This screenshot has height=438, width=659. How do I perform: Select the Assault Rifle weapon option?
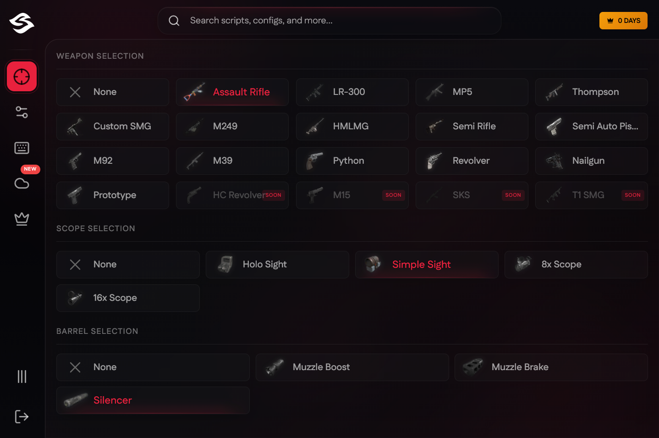point(232,92)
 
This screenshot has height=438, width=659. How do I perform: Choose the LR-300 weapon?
point(352,92)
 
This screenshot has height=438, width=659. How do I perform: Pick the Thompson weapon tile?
point(591,92)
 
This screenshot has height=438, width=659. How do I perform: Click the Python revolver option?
point(352,161)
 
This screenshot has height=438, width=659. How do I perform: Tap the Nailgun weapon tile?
point(591,161)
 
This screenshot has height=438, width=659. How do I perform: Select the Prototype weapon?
point(113,195)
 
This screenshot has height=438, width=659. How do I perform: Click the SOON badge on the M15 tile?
point(393,195)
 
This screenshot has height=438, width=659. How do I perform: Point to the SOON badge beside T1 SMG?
point(632,195)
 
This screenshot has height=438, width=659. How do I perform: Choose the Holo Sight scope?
point(277,265)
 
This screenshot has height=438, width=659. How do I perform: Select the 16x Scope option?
point(128,298)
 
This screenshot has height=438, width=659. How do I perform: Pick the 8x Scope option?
point(576,265)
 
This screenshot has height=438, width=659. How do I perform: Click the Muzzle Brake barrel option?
point(551,367)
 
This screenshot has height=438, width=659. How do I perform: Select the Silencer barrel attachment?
point(153,400)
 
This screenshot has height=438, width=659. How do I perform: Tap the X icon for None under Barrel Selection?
point(75,367)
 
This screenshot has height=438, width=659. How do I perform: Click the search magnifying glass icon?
point(174,21)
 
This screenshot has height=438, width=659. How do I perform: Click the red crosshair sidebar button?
point(22,77)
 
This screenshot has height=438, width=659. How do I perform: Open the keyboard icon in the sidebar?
point(22,148)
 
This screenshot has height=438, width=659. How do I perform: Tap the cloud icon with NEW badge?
point(22,183)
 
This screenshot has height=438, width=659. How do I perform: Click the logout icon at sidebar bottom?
point(22,416)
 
